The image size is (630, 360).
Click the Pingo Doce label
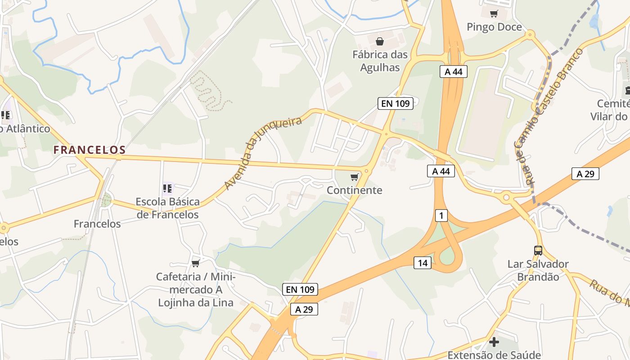point(494,27)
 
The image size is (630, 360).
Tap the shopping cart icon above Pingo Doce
point(494,13)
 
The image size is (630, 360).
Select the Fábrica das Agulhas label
point(380,61)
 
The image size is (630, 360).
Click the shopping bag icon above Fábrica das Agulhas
point(380,41)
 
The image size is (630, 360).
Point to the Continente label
point(355,190)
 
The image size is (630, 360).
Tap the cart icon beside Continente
point(355,177)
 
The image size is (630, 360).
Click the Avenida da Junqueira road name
point(263,153)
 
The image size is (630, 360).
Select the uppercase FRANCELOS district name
point(89,150)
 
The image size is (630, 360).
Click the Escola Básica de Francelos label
point(168,208)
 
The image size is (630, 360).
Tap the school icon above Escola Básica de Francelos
point(168,189)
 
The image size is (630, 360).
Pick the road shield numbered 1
point(441,216)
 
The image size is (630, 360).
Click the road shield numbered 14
point(423,263)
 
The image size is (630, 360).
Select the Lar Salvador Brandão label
point(538,270)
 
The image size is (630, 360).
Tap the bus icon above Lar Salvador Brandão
point(538,250)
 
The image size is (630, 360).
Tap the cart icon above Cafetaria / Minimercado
point(195,263)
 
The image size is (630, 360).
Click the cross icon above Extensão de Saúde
point(494,342)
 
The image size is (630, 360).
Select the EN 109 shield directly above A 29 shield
point(300,289)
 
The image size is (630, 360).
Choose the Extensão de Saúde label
point(494,355)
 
